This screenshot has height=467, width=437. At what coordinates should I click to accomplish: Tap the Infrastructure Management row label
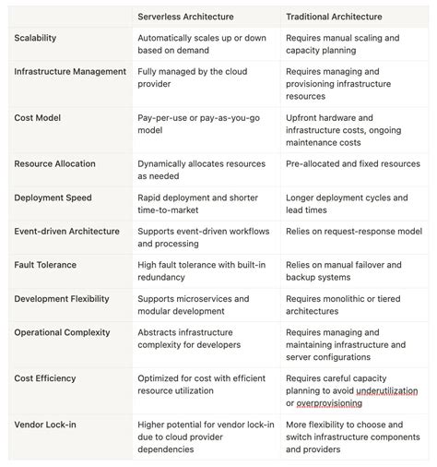pos(70,71)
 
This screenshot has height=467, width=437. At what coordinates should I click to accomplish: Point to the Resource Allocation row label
pos(55,163)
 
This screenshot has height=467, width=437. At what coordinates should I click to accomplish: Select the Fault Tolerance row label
pos(45,265)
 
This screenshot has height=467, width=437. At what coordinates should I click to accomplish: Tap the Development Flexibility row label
pos(62,298)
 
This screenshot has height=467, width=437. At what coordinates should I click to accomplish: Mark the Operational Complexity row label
pos(64,331)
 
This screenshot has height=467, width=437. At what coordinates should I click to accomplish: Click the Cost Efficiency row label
pos(45,378)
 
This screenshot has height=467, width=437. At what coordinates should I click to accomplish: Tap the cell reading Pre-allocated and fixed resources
pos(352,163)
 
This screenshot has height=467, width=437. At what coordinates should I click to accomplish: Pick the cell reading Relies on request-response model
pos(353,231)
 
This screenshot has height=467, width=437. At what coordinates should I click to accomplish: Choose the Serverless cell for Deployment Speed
pos(197,203)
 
